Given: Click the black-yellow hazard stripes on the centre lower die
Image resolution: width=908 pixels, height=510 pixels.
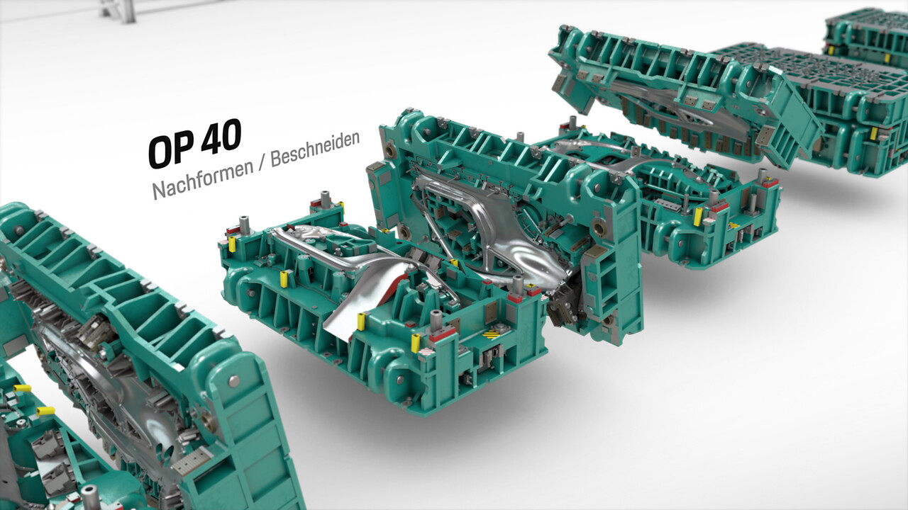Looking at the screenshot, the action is (x=492, y=335).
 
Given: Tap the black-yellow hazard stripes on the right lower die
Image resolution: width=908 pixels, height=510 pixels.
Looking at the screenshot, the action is (x=733, y=225).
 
